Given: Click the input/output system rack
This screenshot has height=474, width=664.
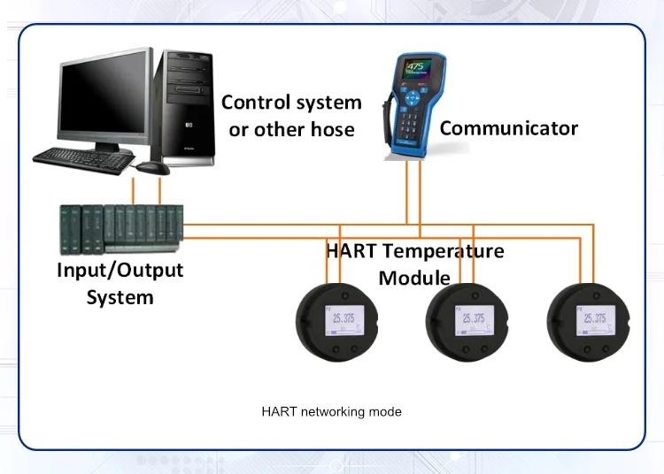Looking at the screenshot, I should coord(121,226).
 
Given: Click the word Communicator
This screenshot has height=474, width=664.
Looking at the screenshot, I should coord(508,128).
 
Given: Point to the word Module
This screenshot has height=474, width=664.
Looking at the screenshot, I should coord(414,279).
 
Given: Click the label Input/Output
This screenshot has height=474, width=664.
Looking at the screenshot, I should coord(120,270).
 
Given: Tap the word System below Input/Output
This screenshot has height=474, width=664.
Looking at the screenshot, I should coord(120,297).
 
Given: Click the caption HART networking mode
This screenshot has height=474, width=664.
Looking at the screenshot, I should coord(331,412).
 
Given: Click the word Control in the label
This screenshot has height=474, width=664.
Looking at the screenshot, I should coord(254,103).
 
